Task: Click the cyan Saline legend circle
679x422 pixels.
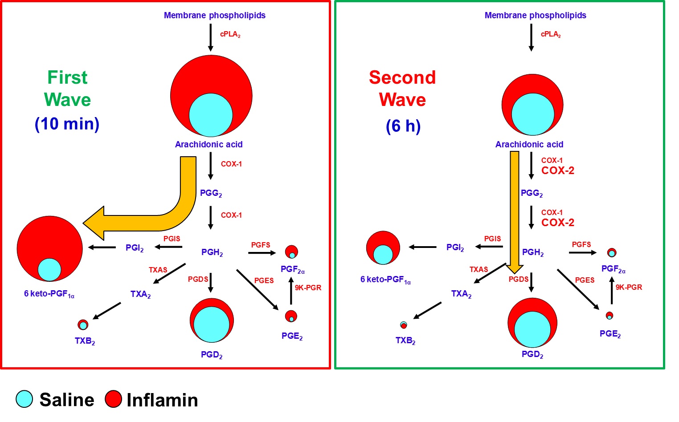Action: click(25, 399)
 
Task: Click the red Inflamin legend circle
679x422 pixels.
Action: click(113, 399)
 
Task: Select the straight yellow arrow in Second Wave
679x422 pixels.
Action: click(515, 209)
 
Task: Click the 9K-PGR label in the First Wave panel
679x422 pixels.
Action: click(308, 288)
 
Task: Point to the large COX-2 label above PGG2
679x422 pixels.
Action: click(557, 170)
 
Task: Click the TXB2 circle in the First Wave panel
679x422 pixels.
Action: click(83, 324)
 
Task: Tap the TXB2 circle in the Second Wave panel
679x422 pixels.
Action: click(404, 325)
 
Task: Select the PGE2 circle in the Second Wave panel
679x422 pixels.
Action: click(609, 316)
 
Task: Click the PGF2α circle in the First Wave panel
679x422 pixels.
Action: click(291, 252)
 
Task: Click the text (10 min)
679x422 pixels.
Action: click(67, 124)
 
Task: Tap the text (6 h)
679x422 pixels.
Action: click(403, 126)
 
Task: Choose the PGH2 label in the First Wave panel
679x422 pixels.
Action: click(212, 252)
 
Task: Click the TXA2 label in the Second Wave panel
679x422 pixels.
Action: click(461, 294)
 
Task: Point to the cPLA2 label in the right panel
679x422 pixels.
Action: click(551, 34)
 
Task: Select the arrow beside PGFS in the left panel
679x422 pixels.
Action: click(262, 253)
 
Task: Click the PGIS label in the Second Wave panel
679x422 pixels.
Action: click(492, 239)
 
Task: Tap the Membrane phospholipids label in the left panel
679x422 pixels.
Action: click(214, 15)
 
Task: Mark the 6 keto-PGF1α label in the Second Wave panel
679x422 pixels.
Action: click(385, 280)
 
